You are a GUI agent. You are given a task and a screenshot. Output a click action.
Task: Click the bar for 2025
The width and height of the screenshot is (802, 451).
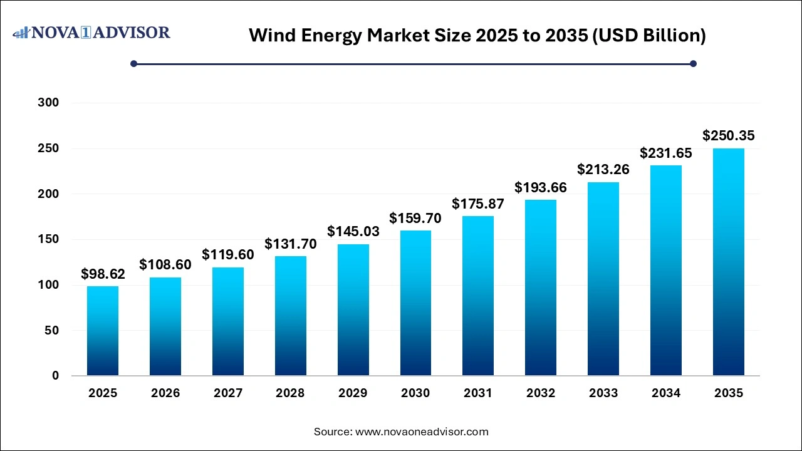click(x=103, y=331)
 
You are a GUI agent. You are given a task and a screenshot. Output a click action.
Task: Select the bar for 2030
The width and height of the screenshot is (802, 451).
click(x=415, y=303)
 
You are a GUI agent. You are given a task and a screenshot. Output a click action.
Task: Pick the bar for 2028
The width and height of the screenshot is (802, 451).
click(x=290, y=316)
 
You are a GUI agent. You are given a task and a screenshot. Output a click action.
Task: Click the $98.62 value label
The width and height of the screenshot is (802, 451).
click(x=103, y=274)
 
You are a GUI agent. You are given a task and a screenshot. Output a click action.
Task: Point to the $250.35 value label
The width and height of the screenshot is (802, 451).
click(x=728, y=135)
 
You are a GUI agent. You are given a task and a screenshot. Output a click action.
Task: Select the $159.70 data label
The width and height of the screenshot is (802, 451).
click(x=415, y=218)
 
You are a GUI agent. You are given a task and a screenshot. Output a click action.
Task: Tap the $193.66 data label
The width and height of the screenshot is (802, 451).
click(x=541, y=187)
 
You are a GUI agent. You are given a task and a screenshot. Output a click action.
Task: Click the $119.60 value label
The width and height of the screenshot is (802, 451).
click(x=228, y=254)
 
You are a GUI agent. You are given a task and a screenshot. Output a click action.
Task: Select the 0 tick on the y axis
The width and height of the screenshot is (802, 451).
click(x=55, y=376)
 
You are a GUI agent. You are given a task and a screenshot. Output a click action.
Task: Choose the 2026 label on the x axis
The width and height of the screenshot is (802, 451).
click(x=165, y=393)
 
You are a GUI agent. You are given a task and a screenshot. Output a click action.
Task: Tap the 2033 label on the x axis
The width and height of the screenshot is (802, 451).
click(x=603, y=393)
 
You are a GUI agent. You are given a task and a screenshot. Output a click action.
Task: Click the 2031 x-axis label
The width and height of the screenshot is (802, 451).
click(x=478, y=393)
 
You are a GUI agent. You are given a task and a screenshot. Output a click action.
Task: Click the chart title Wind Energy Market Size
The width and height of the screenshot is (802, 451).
click(x=477, y=36)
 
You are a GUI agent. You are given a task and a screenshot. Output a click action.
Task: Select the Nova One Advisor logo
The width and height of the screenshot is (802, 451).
click(x=91, y=33)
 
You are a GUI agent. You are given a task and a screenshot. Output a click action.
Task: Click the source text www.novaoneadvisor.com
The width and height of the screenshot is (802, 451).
click(x=401, y=432)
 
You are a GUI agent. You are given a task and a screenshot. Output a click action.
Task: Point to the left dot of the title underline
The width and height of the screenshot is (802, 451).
click(x=133, y=63)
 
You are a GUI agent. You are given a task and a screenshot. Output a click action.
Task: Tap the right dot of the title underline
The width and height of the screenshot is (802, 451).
click(x=693, y=63)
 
